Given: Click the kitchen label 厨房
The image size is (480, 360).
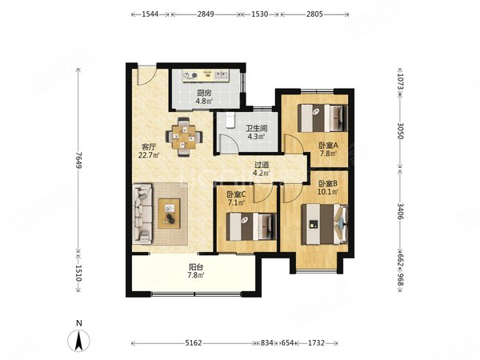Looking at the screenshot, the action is pos(204,93).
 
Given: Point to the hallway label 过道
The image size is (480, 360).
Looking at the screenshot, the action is pos(262,165).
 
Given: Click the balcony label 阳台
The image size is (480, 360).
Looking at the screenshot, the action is pos(196,267).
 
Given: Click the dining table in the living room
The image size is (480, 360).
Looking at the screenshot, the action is pos(184,137).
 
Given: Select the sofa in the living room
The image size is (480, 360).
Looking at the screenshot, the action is pos(142,214).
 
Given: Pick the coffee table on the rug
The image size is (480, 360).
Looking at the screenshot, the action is pos(169,214).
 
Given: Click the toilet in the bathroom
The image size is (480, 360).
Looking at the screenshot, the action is pos(230,120).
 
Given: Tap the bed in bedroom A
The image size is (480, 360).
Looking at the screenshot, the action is pos(322,118).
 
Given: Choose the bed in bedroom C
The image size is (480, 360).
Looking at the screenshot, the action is pos(251,226).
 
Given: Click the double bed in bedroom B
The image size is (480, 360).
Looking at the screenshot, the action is pos(325,224).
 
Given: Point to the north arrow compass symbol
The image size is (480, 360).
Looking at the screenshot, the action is pos(79,341).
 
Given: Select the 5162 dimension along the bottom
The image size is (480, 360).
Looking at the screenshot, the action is pos(194,343).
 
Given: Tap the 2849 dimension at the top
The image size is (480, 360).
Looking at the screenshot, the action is pos(206,14).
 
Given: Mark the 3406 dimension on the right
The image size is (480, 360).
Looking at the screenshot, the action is pos(401,211).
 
